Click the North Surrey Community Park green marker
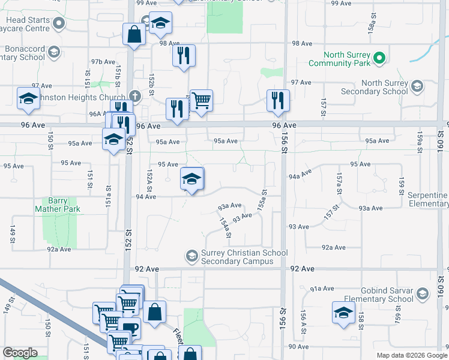379,58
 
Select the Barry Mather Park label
58,205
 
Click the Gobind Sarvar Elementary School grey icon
423,293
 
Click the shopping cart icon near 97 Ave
201,100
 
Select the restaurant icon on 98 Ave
184,56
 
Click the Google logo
20,353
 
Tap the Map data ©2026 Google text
411,355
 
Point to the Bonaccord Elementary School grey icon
54,52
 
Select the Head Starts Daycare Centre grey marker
59,24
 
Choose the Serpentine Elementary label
428,200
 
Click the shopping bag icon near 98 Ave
133,34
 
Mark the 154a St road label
224,227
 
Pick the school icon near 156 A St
344,313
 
